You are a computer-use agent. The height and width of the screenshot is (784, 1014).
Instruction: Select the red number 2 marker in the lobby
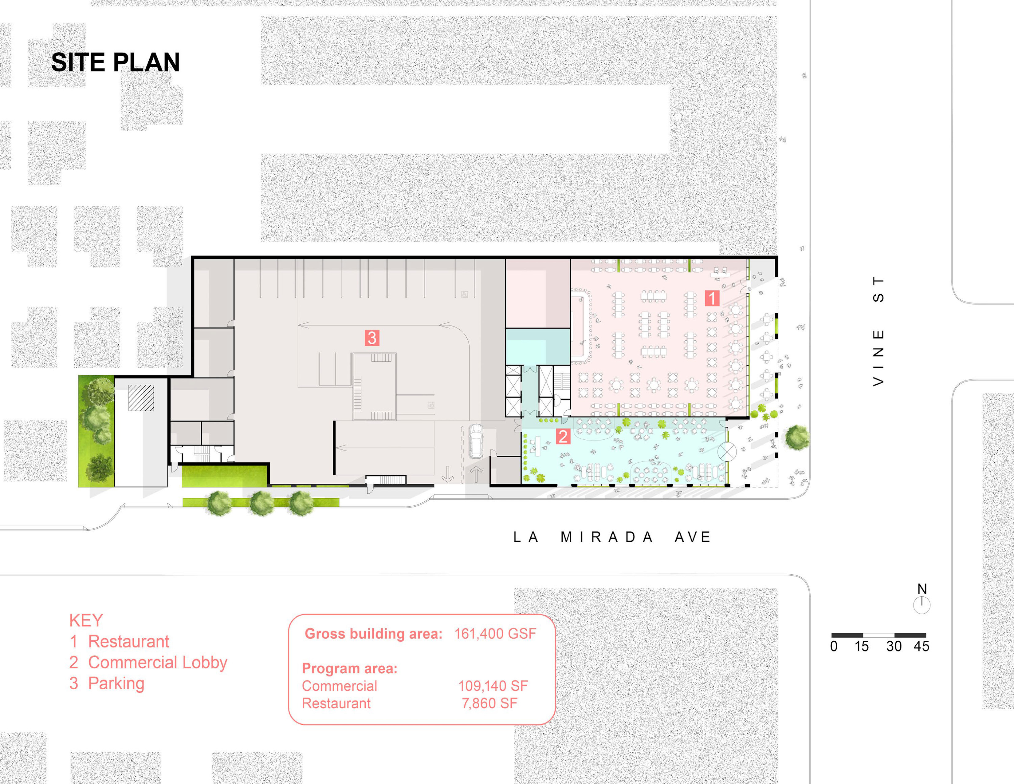coord(563,436)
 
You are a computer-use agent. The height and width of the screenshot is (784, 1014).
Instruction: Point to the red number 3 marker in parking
coord(372,338)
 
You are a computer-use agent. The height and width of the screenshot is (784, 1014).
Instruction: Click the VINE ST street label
coord(878,331)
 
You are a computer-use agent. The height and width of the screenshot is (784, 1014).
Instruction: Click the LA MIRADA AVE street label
coord(612,537)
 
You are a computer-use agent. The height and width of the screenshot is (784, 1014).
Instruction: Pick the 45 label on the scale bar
coord(921,646)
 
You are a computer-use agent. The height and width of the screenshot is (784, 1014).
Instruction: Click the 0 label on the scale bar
coord(834,646)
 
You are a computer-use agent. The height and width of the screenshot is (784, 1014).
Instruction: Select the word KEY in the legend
coord(86,620)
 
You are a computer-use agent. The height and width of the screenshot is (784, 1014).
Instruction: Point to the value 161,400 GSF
coord(495,634)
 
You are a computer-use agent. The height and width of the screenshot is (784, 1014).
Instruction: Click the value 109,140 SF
coord(493,686)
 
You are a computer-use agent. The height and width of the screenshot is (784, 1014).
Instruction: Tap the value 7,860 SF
coord(489,703)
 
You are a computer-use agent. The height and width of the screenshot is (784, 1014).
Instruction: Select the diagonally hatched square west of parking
coord(141,398)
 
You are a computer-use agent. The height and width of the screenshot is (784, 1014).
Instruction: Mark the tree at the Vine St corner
coord(797,438)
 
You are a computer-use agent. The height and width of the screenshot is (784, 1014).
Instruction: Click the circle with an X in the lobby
coord(727,452)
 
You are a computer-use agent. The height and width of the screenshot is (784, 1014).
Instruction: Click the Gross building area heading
coord(373,634)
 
